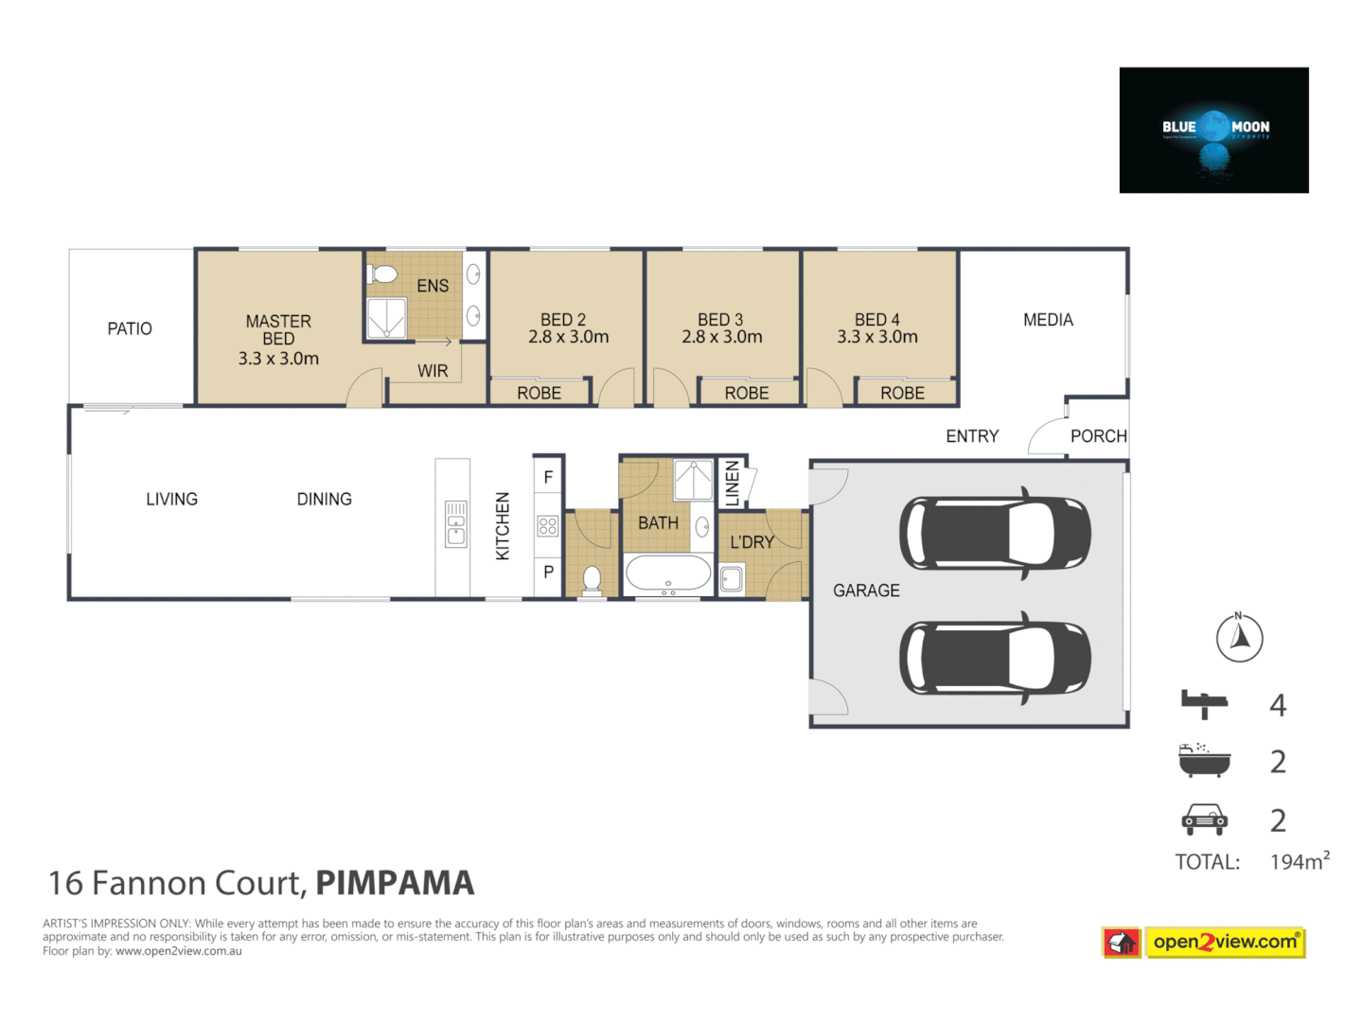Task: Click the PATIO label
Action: click(130, 328)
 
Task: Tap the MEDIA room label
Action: click(1048, 320)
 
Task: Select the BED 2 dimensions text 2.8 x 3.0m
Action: click(568, 337)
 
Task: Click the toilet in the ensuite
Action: click(383, 274)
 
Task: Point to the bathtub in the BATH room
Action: click(668, 573)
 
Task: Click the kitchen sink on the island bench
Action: click(456, 524)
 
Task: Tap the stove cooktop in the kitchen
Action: click(548, 526)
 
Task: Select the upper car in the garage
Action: click(994, 532)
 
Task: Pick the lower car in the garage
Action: click(994, 658)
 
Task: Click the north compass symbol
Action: click(1239, 638)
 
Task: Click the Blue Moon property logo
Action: click(1213, 131)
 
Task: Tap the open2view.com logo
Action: click(1224, 943)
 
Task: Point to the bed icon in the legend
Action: click(1204, 704)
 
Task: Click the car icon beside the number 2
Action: click(1204, 819)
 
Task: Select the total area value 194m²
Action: click(1299, 861)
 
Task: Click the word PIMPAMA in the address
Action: click(395, 883)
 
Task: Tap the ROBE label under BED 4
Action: click(902, 393)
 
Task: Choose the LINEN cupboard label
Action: click(732, 483)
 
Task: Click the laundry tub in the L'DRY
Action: click(732, 578)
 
